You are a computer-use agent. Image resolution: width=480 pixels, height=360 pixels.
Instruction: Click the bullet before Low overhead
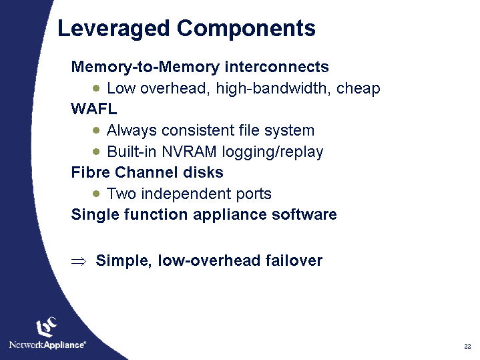click(x=97, y=88)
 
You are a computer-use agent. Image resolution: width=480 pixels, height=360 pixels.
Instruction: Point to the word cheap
click(x=358, y=88)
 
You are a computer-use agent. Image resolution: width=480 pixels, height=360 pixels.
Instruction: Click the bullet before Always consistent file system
click(x=97, y=130)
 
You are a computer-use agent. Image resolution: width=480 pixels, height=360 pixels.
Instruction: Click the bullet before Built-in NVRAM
click(x=97, y=152)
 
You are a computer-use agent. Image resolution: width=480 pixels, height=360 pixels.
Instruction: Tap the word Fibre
click(x=89, y=172)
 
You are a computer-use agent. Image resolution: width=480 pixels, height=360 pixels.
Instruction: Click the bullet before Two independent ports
click(x=97, y=194)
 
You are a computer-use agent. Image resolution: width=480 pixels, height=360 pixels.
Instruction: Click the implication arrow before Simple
click(x=78, y=261)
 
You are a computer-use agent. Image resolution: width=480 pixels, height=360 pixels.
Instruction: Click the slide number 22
click(x=467, y=346)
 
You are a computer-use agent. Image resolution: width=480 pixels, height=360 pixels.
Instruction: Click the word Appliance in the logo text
click(x=65, y=345)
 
